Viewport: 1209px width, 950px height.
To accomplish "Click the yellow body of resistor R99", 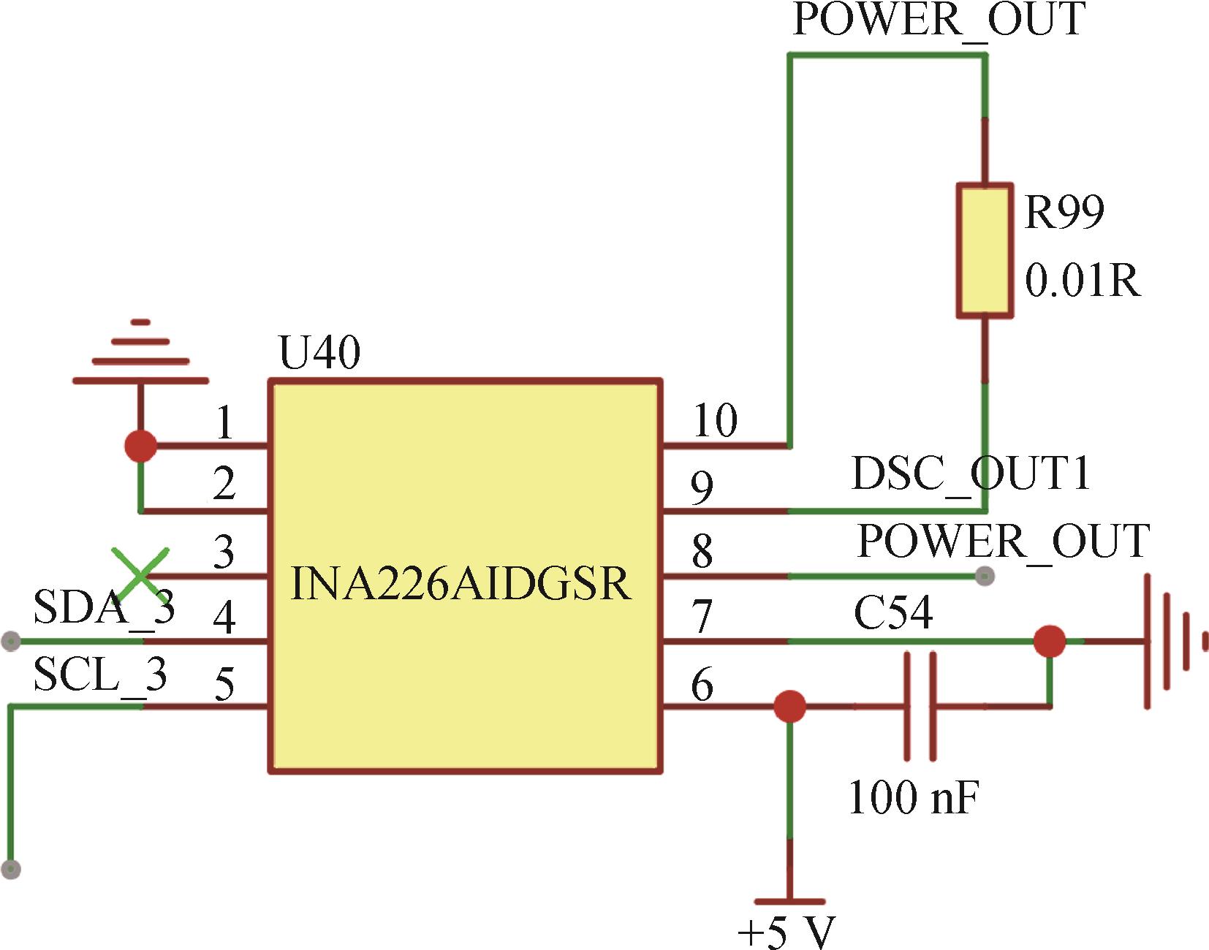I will (985, 251).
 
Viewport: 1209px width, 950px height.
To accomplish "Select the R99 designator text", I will (1064, 212).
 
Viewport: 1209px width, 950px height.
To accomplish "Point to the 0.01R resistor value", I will (1082, 281).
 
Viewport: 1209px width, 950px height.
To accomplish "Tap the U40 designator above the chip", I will (319, 353).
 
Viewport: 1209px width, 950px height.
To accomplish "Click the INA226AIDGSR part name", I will (461, 584).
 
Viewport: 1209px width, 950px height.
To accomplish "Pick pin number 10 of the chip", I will (715, 421).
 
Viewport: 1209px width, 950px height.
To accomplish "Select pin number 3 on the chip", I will (224, 552).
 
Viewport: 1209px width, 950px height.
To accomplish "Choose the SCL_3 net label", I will (100, 674).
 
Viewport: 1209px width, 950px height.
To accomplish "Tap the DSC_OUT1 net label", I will (971, 474).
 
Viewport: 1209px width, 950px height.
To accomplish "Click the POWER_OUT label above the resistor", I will (939, 20).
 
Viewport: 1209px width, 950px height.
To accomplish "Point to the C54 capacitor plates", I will (920, 707).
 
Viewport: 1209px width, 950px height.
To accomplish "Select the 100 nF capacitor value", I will (913, 797).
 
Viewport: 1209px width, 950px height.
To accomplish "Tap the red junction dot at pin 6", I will (789, 707).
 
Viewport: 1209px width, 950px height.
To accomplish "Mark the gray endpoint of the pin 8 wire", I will (985, 576).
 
